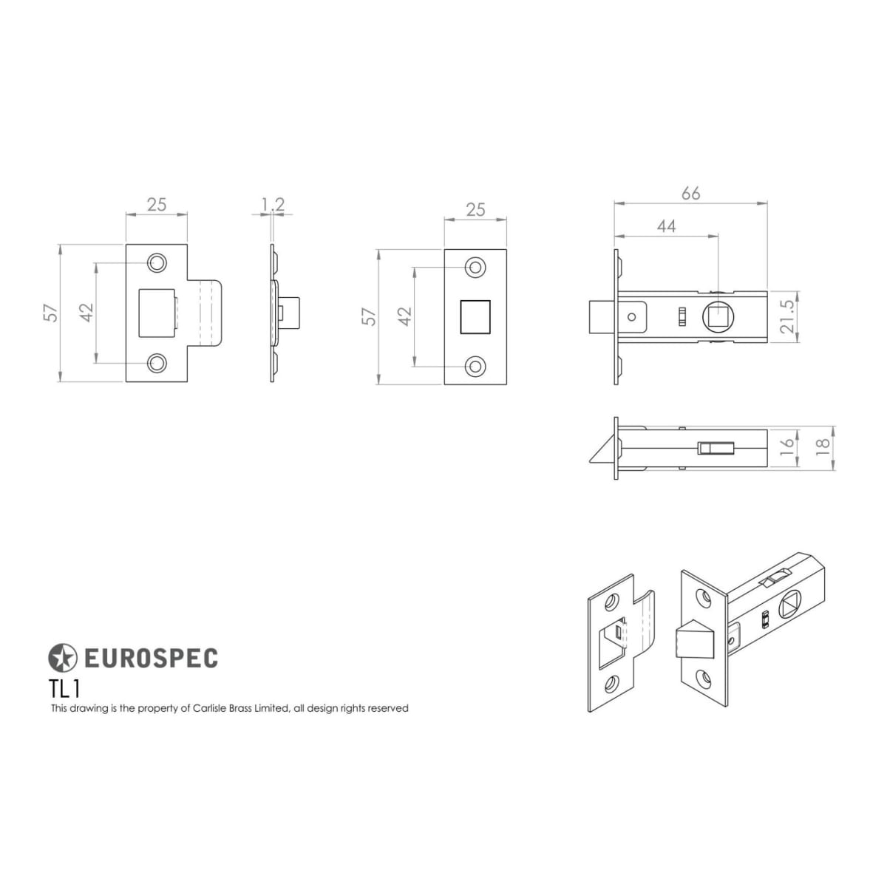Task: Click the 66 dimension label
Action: tap(690, 194)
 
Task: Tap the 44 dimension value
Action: tap(666, 226)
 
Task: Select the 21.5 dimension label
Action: tap(788, 316)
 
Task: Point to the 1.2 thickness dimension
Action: tap(273, 204)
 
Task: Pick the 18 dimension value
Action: tap(823, 445)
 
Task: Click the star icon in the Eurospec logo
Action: tap(62, 657)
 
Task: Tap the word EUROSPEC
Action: tap(151, 658)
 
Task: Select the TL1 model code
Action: tap(65, 690)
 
